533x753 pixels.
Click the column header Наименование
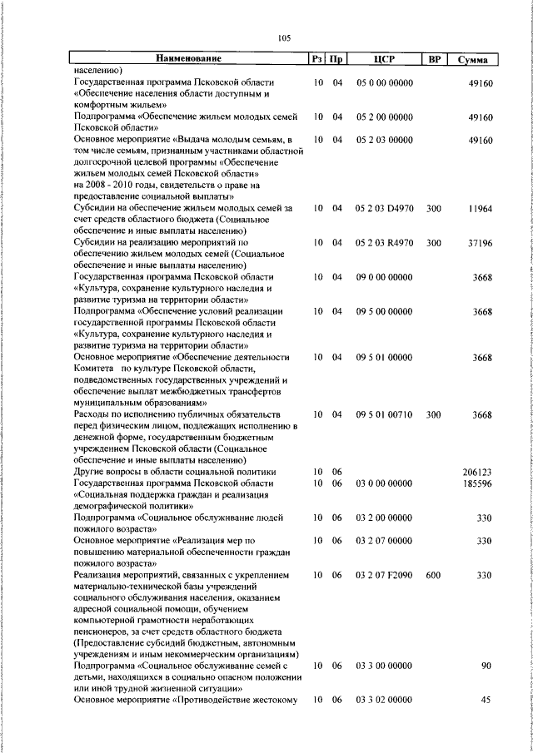[189, 59]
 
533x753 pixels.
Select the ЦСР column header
[384, 59]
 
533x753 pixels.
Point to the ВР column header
[433, 59]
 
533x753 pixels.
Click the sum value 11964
[480, 208]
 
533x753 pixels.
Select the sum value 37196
[480, 242]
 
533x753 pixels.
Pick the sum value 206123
[477, 471]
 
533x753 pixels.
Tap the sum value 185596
[477, 483]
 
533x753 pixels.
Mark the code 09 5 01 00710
[384, 414]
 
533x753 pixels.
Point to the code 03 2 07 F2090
[384, 574]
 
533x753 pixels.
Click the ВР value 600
[433, 574]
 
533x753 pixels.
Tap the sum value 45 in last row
[487, 700]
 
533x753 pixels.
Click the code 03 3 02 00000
[384, 700]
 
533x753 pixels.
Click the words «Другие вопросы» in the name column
[106, 471]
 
